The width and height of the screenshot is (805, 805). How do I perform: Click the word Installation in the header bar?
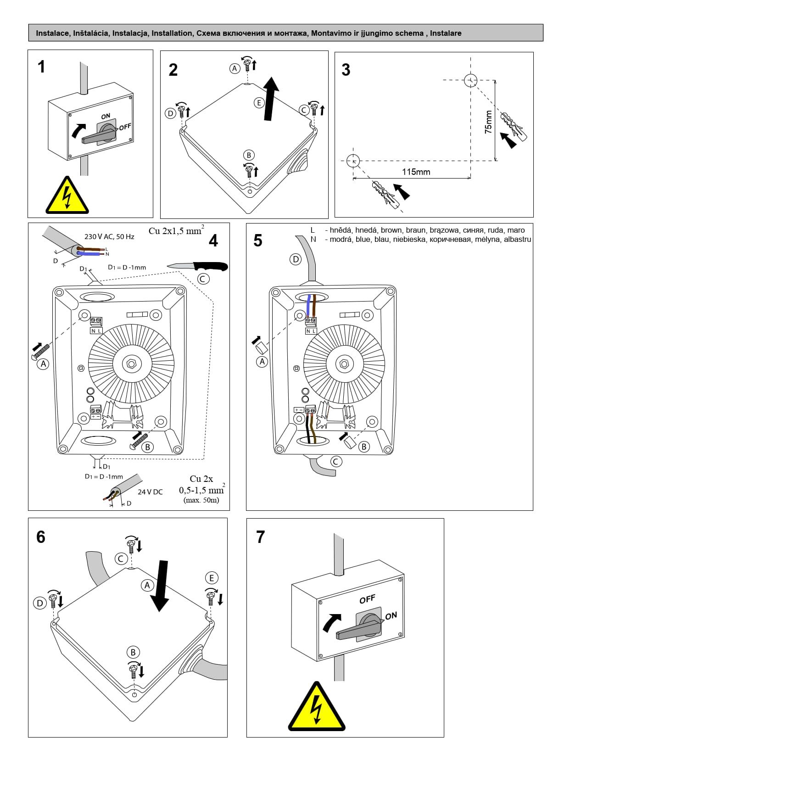172,33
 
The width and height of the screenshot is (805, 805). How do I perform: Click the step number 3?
346,70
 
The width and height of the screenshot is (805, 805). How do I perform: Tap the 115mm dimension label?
416,172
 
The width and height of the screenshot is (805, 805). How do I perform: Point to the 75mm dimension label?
488,122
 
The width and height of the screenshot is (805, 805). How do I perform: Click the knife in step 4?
198,266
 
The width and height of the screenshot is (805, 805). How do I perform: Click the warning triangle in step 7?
317,708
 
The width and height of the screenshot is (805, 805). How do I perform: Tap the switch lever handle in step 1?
97,136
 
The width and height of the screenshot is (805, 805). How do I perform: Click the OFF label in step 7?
367,599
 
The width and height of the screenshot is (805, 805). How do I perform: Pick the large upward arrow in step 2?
271,99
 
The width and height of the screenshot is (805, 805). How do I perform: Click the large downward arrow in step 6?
161,586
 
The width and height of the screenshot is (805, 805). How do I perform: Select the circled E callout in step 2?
259,103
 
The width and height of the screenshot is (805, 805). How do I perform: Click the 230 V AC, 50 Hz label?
109,237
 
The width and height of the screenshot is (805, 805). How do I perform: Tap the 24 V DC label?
150,492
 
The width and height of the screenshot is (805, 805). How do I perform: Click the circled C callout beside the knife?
203,279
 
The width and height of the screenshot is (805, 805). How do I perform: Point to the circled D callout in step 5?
296,259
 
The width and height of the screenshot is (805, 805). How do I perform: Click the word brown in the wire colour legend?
391,230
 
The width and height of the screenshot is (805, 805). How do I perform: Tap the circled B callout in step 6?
133,652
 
